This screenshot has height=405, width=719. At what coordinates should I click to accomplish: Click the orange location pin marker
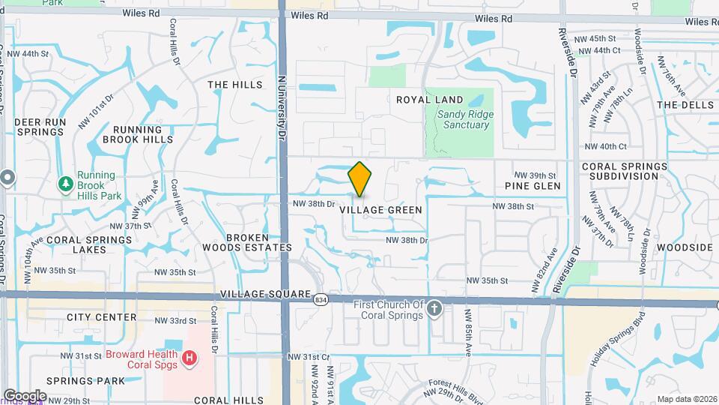359,180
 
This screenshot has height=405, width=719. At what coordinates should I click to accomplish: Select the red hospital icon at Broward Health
189,359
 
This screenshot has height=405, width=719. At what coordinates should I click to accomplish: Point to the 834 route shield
320,298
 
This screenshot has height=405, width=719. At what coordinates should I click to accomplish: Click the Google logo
25,396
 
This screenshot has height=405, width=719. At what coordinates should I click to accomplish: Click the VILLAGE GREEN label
380,210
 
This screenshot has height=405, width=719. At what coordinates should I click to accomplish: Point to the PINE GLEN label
533,186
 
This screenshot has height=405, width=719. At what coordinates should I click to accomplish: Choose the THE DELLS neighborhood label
685,105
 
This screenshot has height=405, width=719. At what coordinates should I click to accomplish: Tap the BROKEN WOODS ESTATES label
248,242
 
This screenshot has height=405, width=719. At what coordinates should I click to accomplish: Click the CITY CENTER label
101,317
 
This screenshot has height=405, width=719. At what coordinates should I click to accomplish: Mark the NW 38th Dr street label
407,240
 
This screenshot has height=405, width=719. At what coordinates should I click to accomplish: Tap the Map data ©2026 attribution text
686,399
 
